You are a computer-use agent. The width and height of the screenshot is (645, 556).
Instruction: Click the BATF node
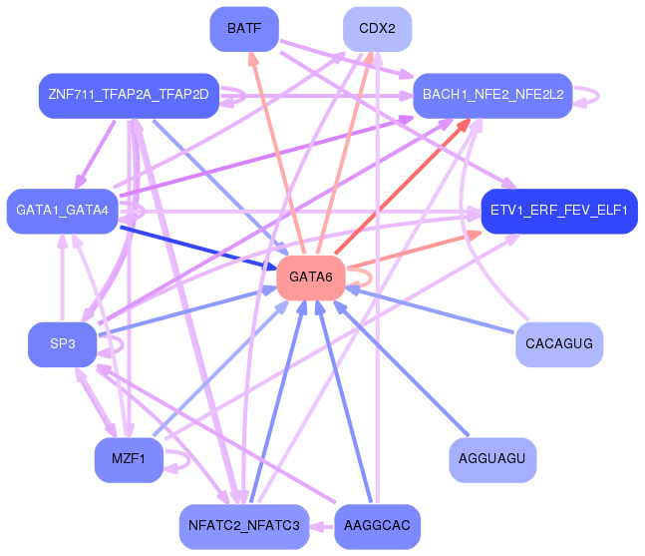(x=244, y=29)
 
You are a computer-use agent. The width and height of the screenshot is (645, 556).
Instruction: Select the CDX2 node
(x=378, y=29)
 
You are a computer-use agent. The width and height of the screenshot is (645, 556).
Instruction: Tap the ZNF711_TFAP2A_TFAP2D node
(x=129, y=95)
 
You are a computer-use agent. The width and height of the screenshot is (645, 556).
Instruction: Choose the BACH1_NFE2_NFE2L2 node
(x=492, y=95)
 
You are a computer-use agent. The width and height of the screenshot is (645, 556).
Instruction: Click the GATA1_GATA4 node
(x=63, y=211)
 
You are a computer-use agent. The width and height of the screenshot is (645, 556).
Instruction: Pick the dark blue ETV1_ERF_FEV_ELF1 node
(x=559, y=211)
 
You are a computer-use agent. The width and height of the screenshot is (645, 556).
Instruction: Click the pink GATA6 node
(x=311, y=277)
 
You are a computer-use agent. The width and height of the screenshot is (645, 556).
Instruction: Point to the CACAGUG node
(x=559, y=344)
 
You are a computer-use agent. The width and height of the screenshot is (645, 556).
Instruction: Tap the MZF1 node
(x=129, y=460)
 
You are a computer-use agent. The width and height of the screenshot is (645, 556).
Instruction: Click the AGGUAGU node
(x=493, y=460)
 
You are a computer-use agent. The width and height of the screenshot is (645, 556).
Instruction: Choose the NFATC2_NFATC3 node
(x=244, y=526)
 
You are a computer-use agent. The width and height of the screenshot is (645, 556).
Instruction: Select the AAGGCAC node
(x=377, y=526)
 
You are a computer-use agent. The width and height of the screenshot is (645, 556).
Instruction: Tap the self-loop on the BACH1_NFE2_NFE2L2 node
(x=588, y=95)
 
